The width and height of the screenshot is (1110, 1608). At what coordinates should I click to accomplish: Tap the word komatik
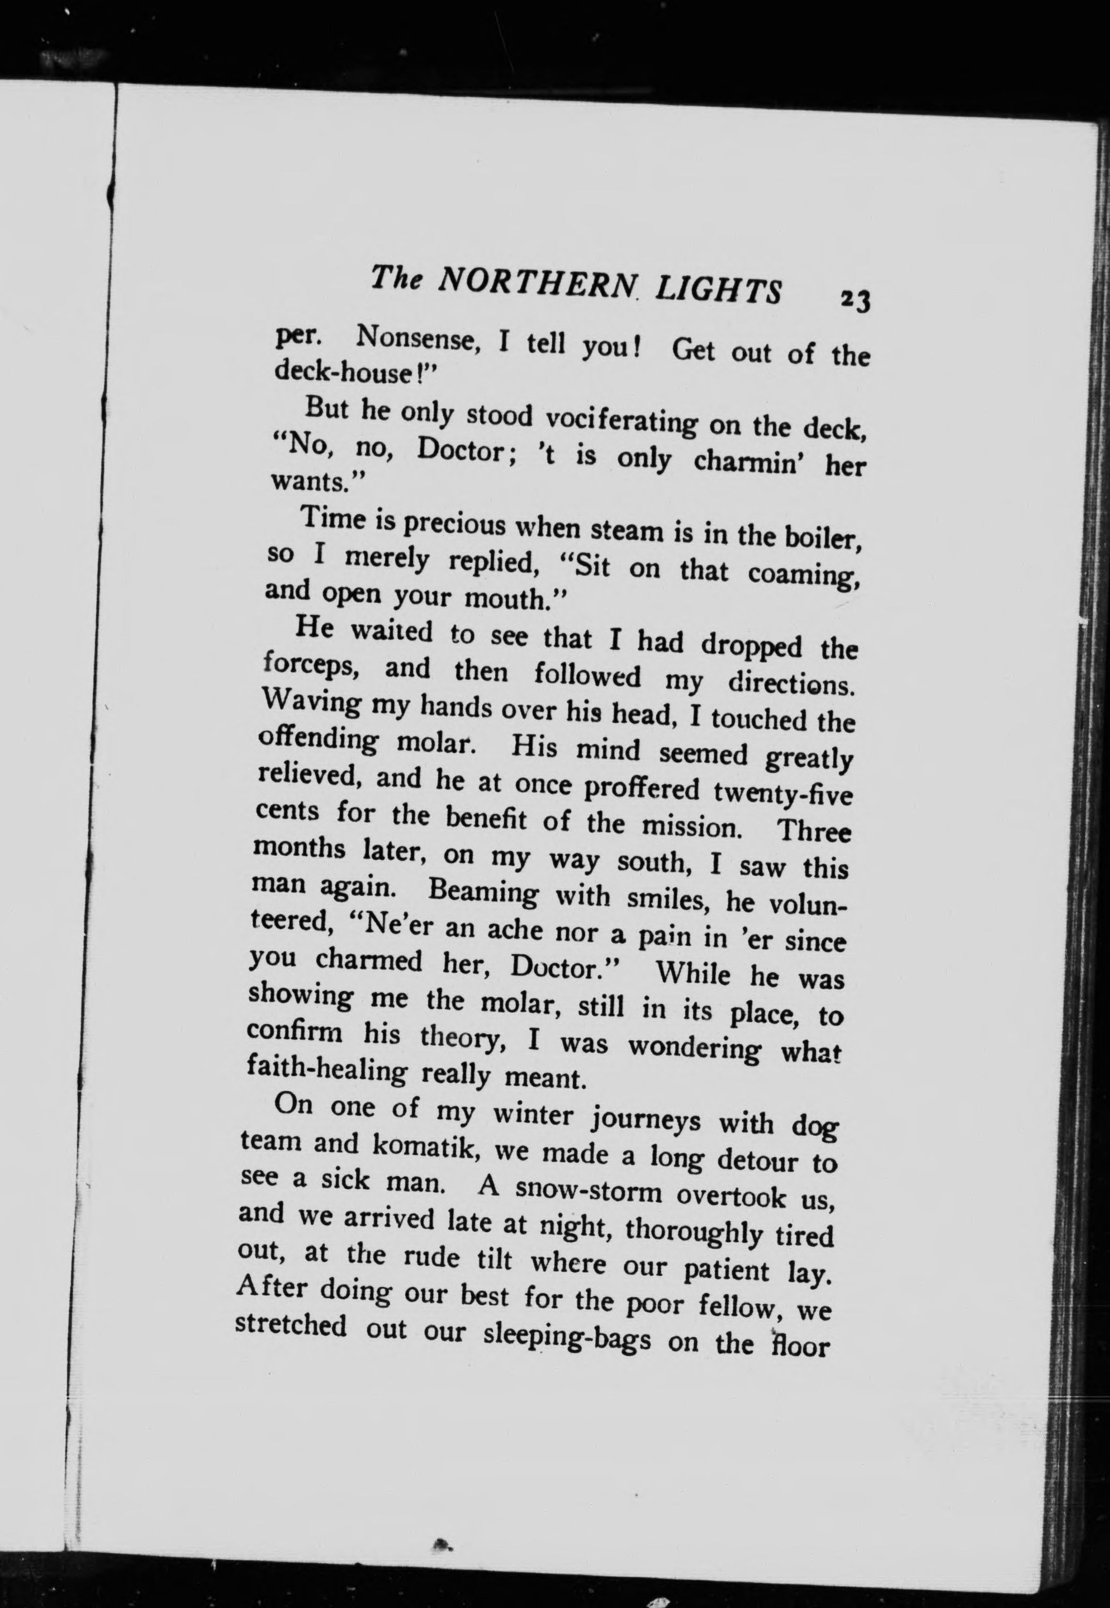point(424,1149)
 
